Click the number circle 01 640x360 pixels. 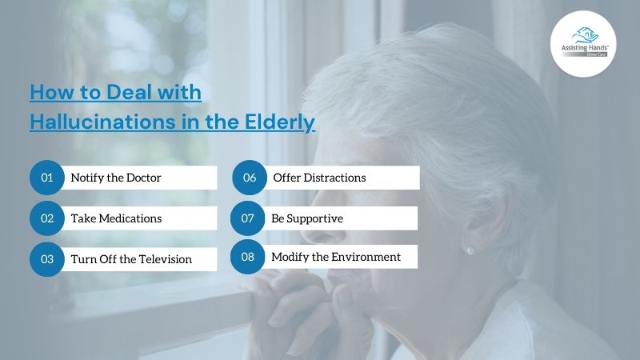click(x=47, y=178)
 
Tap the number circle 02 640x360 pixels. click(x=47, y=218)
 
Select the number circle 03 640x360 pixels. click(x=47, y=259)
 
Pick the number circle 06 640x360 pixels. click(x=250, y=178)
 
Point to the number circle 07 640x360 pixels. click(x=248, y=218)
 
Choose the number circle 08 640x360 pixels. click(x=247, y=257)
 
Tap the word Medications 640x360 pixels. click(x=130, y=218)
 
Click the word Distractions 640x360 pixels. click(x=331, y=178)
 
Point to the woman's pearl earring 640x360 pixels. click(x=470, y=250)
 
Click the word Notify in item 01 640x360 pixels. click(x=87, y=178)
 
